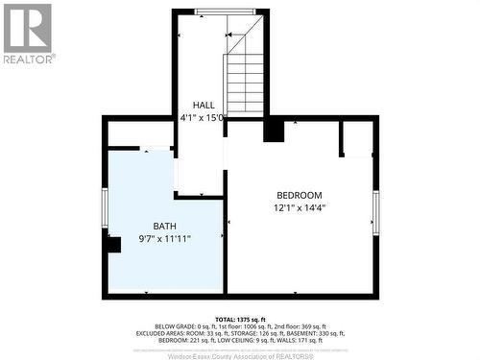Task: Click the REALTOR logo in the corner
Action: (27, 33)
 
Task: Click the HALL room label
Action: (204, 106)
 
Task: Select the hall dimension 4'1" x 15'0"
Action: (203, 118)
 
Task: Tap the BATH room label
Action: (151, 227)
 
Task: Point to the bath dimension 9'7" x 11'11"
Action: (151, 239)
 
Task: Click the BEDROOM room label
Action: (299, 195)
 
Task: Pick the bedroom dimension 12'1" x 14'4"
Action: (299, 207)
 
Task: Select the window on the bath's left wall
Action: (105, 206)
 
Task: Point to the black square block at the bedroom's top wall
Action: (274, 130)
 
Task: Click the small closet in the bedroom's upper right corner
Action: (357, 137)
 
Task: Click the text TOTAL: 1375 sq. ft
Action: (239, 317)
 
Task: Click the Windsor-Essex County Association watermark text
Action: (239, 355)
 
